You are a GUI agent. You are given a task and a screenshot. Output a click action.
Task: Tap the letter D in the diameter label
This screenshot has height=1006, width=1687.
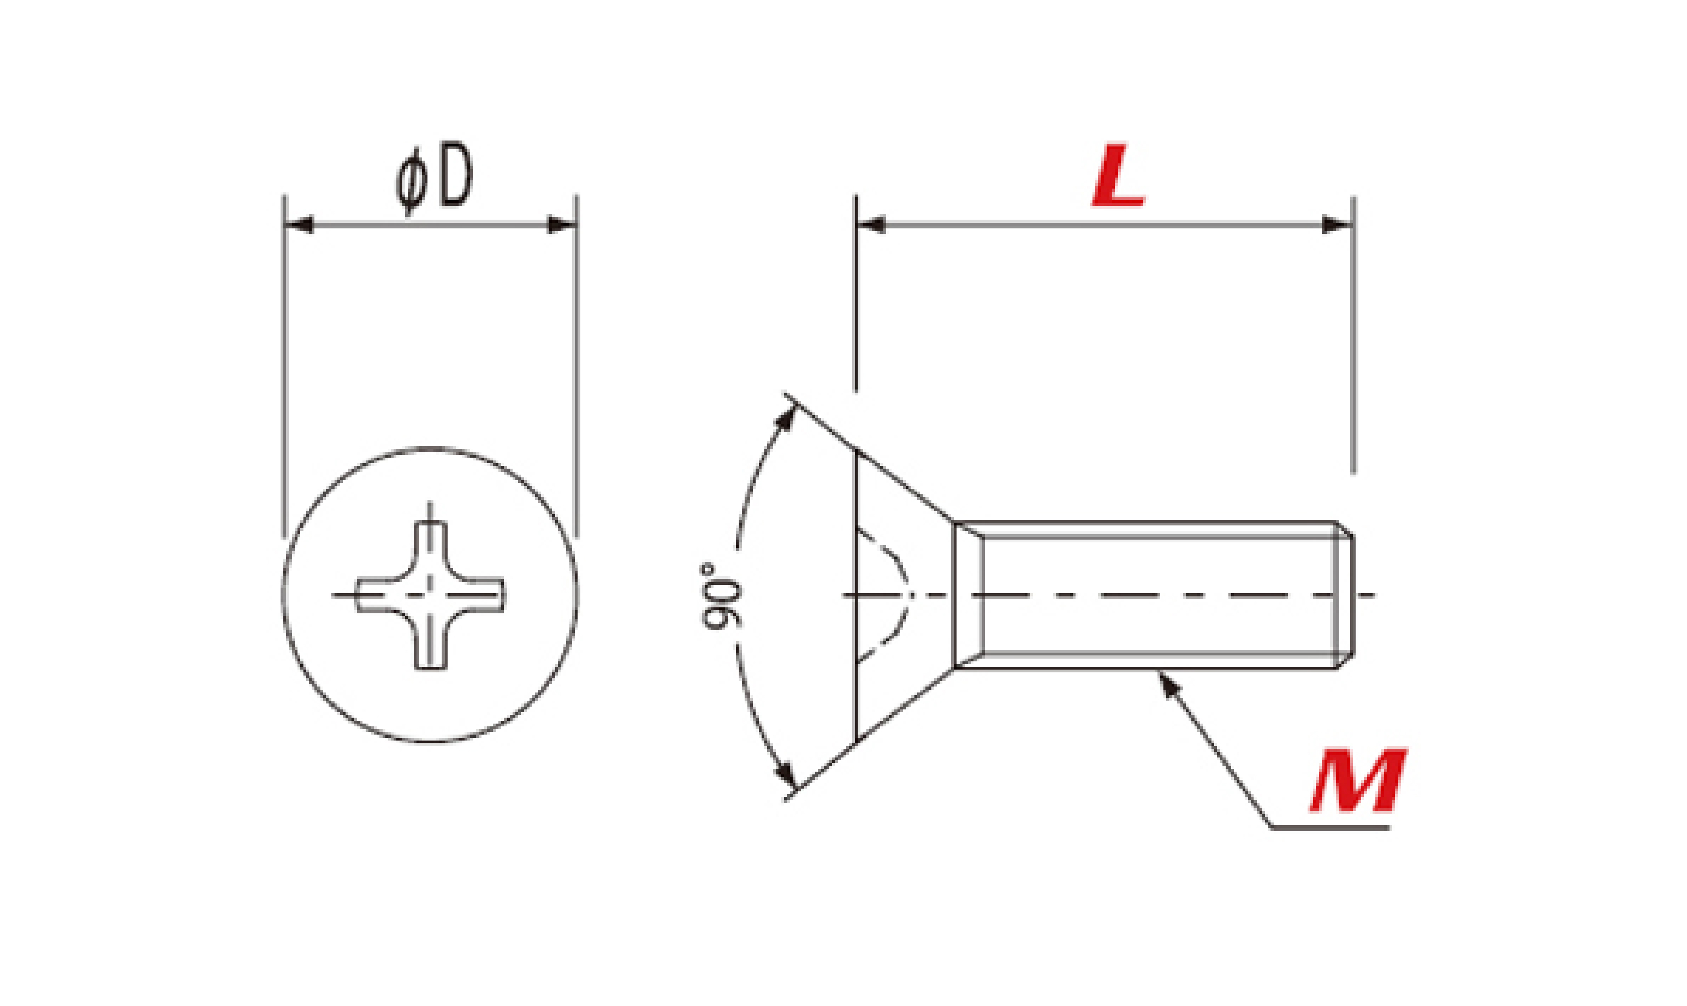tap(455, 174)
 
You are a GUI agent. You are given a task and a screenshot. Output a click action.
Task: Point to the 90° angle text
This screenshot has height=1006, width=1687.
tap(720, 596)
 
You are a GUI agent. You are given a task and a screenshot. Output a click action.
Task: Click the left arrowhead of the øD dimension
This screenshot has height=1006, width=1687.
tap(299, 224)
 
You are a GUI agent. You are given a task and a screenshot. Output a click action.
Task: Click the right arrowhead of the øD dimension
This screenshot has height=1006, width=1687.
tap(562, 224)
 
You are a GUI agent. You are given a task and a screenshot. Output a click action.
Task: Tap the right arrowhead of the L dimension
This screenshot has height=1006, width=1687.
tap(1338, 224)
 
